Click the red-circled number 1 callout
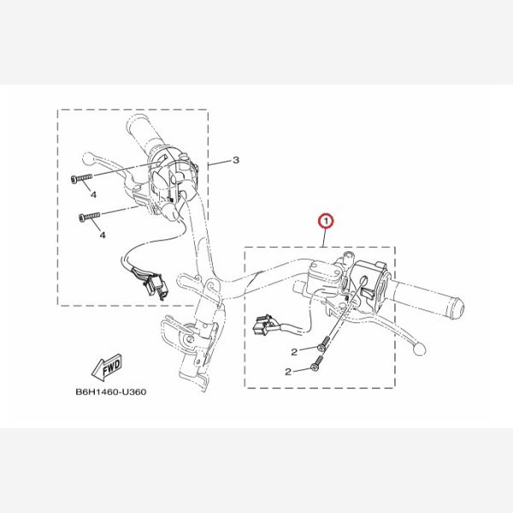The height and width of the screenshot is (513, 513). [326, 221]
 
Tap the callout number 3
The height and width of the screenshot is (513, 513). [236, 161]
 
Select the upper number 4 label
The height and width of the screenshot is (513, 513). [93, 195]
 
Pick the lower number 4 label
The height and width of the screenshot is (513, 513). [103, 235]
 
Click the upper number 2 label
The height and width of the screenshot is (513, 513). [294, 352]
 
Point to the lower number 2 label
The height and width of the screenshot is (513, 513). [288, 372]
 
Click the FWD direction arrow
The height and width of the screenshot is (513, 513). [107, 367]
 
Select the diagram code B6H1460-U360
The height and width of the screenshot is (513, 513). [111, 392]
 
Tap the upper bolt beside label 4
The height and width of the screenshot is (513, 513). [81, 179]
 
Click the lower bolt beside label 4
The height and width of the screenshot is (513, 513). [90, 216]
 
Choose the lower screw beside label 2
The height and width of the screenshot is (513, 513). [316, 364]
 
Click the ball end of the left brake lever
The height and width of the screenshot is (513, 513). [87, 159]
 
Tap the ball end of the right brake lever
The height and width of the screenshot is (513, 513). [420, 350]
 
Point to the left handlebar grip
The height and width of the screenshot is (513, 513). [143, 134]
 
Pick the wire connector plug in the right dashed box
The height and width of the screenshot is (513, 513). [262, 325]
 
